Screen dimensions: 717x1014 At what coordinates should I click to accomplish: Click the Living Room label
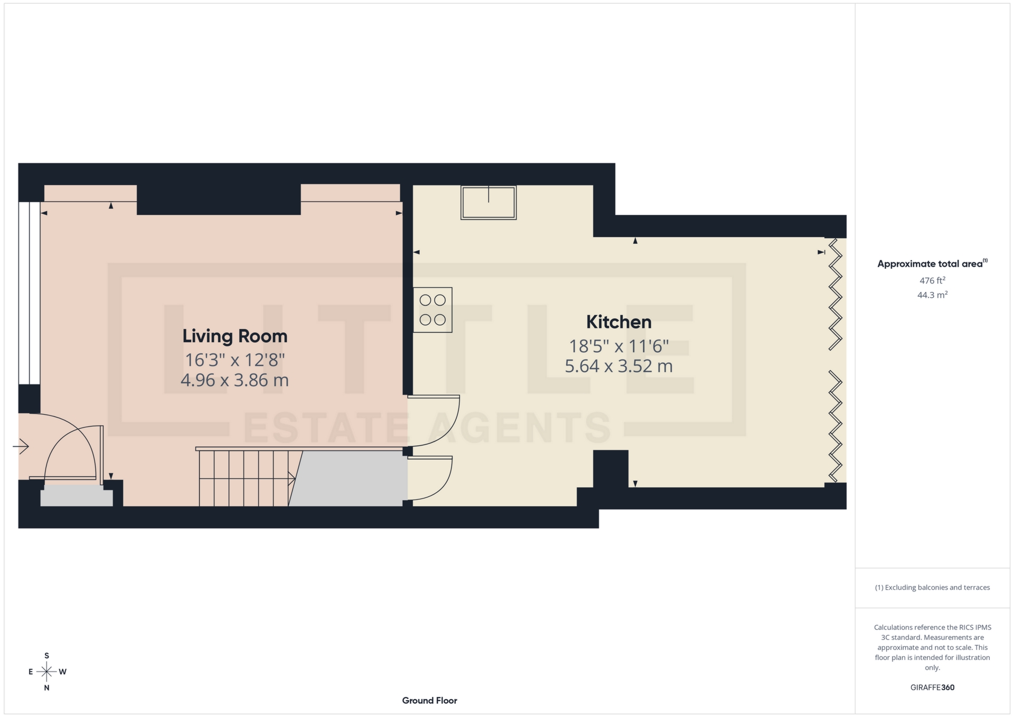point(234,336)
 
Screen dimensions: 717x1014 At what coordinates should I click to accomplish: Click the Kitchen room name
point(618,322)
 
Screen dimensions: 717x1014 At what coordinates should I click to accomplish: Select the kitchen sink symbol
point(489,202)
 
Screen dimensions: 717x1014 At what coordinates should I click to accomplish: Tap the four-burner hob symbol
point(433,310)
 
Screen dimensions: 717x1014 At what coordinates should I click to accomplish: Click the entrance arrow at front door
point(21,447)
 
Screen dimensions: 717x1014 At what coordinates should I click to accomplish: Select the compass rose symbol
point(46,672)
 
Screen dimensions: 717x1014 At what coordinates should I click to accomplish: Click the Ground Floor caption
point(429,701)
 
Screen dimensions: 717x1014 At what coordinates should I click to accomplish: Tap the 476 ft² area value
point(932,281)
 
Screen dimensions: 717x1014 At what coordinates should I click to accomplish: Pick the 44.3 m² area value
point(932,295)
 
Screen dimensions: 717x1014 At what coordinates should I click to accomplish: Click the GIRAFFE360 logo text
point(932,687)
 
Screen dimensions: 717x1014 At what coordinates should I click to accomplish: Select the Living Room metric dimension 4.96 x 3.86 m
point(234,380)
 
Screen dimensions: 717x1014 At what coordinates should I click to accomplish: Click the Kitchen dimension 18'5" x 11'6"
point(618,346)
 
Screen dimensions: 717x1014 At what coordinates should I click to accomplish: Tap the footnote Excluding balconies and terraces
point(932,588)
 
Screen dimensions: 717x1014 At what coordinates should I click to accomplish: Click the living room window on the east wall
point(29,294)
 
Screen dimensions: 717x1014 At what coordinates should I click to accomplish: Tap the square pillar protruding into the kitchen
point(611,468)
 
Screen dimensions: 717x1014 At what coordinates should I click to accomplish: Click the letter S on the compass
point(46,656)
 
